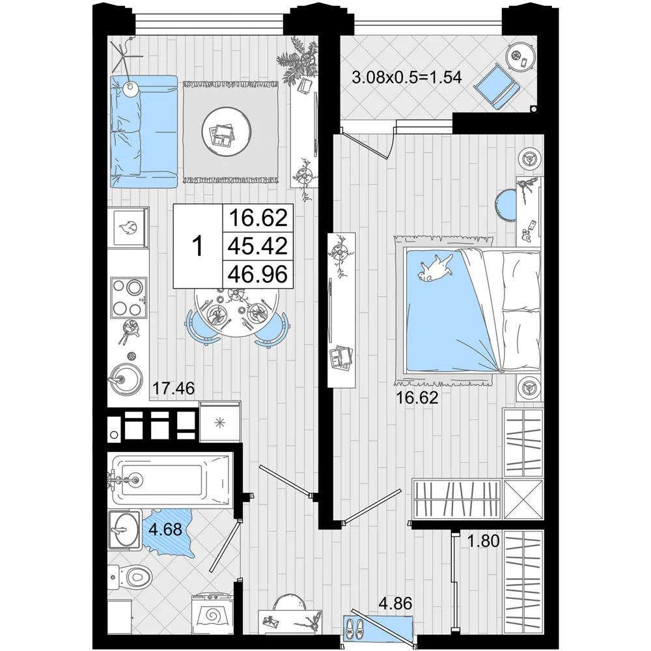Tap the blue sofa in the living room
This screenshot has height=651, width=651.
pos(144,132)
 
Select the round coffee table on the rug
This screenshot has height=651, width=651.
pos(227,132)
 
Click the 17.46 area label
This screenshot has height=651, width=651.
pos(174,388)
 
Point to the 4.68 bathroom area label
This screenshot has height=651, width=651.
pos(165,529)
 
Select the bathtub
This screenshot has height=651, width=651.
pos(170,480)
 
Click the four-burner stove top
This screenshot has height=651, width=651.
pos(129,298)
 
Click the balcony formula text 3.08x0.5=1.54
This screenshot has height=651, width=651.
pos(406,77)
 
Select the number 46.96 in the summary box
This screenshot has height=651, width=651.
pos(258,275)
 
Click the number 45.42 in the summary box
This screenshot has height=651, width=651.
pos(258,246)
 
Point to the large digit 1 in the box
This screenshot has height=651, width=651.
pos(198,246)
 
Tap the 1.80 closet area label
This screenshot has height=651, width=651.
pos(483,541)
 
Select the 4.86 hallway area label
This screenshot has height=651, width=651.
pos(395,603)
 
